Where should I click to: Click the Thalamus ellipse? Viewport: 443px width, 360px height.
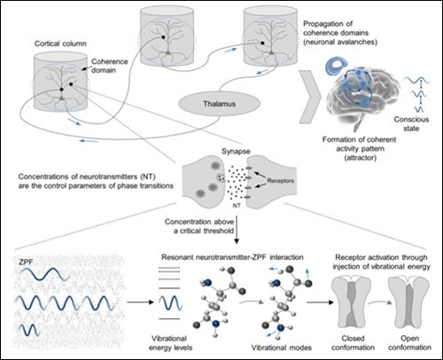click(x=219, y=104)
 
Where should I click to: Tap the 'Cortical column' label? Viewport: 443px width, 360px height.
click(x=60, y=43)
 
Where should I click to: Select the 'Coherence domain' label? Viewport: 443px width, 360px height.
click(x=108, y=66)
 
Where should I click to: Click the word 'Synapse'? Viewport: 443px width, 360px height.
click(x=236, y=152)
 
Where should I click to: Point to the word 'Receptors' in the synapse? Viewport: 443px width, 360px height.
click(x=281, y=181)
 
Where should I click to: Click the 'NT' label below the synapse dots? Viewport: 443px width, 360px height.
click(x=237, y=206)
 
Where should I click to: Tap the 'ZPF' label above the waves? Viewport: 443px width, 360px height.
click(x=26, y=262)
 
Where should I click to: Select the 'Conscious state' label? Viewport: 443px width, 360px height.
click(x=411, y=124)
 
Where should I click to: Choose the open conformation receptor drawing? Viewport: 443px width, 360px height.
click(x=409, y=303)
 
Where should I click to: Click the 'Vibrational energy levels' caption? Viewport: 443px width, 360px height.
click(x=170, y=343)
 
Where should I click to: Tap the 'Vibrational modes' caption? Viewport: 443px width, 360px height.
click(x=282, y=348)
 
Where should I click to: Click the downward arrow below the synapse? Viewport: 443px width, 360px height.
click(x=236, y=230)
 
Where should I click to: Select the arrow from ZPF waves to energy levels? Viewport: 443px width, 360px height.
click(x=141, y=302)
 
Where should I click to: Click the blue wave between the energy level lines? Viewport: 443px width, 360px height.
click(x=170, y=303)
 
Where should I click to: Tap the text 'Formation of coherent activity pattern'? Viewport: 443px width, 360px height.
click(x=360, y=144)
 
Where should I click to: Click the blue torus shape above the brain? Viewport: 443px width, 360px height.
click(x=336, y=67)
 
